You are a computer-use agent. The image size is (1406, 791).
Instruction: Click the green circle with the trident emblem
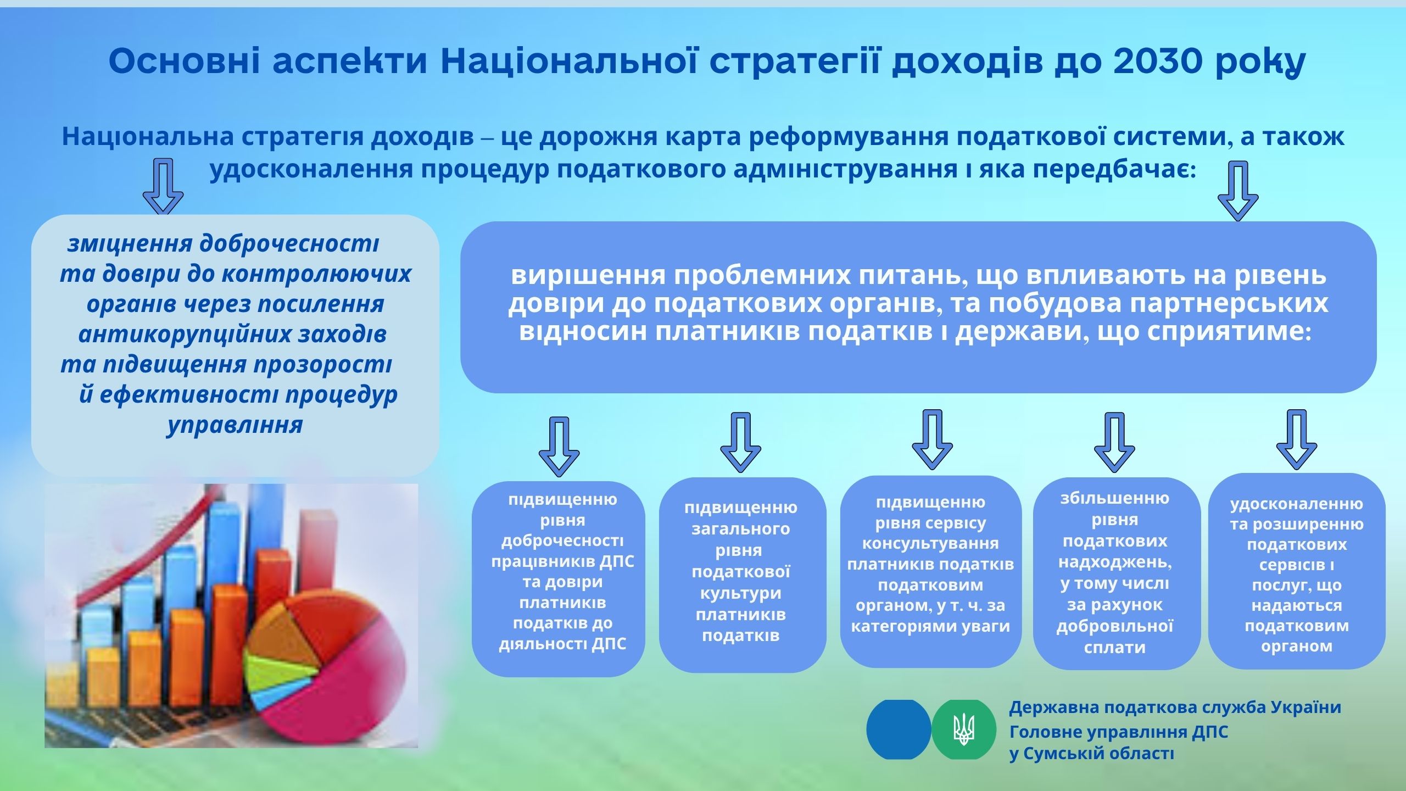pyautogui.click(x=964, y=729)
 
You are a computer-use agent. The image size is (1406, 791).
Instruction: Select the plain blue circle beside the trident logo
pyautogui.click(x=899, y=729)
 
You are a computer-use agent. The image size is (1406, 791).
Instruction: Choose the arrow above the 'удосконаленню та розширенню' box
pyautogui.click(x=1297, y=439)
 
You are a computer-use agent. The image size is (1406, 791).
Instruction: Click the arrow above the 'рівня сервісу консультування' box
pyautogui.click(x=933, y=439)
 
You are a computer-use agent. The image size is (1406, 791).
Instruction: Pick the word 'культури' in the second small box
pyautogui.click(x=740, y=594)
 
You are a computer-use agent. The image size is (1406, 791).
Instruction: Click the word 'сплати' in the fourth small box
pyautogui.click(x=1115, y=647)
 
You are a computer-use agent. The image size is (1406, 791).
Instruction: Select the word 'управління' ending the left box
pyautogui.click(x=235, y=425)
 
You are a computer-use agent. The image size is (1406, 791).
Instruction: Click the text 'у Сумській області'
pyautogui.click(x=1092, y=753)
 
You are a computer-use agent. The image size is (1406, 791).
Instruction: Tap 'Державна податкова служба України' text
pyautogui.click(x=1175, y=707)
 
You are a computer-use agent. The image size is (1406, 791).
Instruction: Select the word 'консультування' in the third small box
pyautogui.click(x=930, y=543)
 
